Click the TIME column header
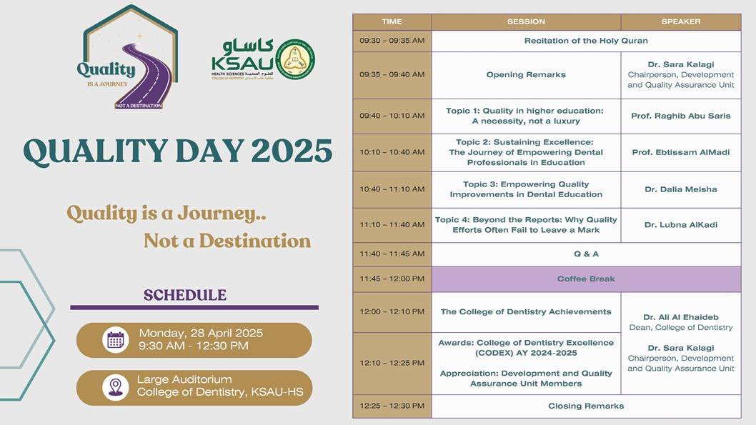tap(392, 21)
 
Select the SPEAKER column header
tap(680, 21)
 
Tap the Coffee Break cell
tap(586, 279)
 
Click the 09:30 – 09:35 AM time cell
tap(392, 41)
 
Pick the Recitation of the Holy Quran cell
tap(586, 41)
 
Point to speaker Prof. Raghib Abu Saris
tap(680, 116)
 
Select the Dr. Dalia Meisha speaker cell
tap(680, 189)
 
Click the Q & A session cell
tap(586, 254)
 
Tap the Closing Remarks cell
tap(586, 406)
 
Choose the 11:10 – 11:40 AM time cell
tap(392, 225)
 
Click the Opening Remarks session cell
tap(526, 75)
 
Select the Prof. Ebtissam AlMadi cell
tap(680, 152)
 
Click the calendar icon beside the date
tap(115, 340)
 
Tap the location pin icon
tap(115, 387)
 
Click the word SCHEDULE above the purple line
tap(185, 295)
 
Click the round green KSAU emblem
tap(294, 59)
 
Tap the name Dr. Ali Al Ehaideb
tap(680, 317)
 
